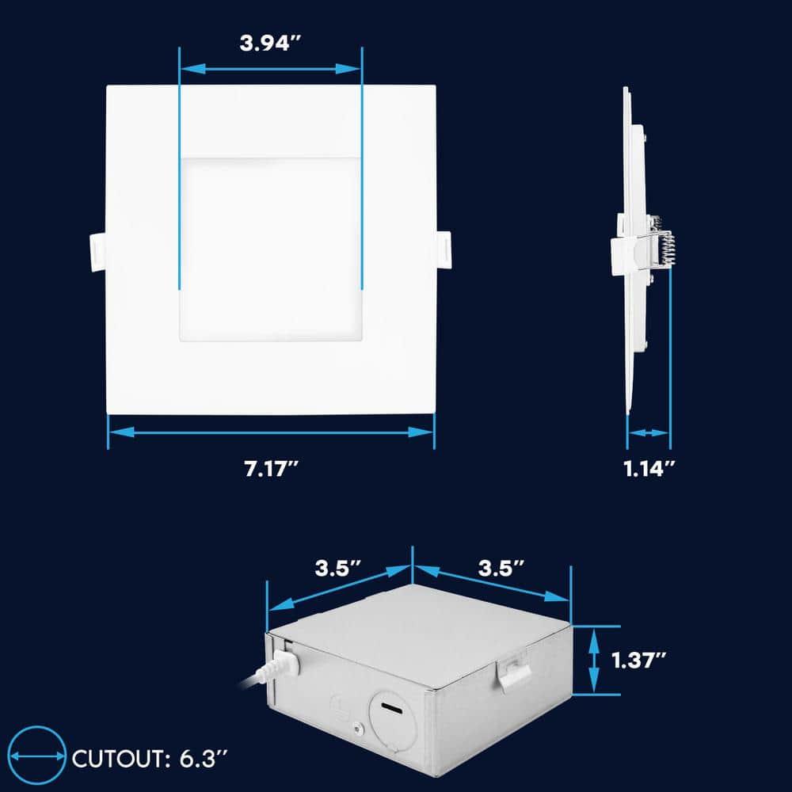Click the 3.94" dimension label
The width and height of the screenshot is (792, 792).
pyautogui.click(x=271, y=43)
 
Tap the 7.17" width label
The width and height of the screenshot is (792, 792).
pyautogui.click(x=271, y=468)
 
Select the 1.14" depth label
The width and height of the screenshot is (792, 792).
pyautogui.click(x=649, y=468)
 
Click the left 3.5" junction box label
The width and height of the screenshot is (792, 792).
pyautogui.click(x=338, y=568)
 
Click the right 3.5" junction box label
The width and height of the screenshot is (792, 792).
pyautogui.click(x=501, y=568)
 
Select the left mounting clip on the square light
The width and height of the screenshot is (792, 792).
pyautogui.click(x=95, y=253)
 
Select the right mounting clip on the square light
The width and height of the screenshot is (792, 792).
pyautogui.click(x=444, y=253)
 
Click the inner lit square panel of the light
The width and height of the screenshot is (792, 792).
pyautogui.click(x=271, y=248)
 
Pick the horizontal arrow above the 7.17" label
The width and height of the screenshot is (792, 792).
pyautogui.click(x=271, y=432)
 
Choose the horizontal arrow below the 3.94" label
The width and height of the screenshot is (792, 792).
pyautogui.click(x=271, y=69)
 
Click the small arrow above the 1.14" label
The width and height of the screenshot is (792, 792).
pyautogui.click(x=649, y=433)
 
